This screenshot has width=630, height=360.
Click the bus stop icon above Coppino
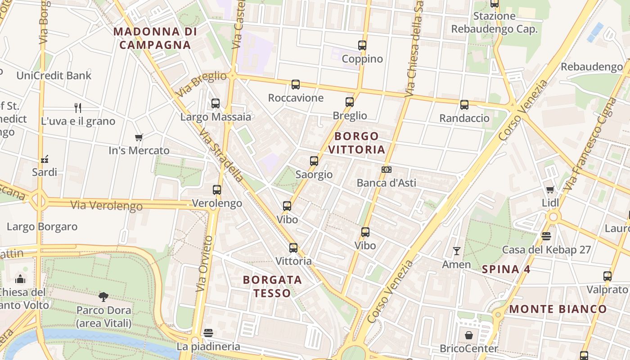[362, 45]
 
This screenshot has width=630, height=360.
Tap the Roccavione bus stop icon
[296, 85]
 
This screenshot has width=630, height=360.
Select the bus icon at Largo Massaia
[216, 103]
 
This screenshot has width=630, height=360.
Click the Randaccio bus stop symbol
[464, 105]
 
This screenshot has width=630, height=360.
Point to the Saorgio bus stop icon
[314, 161]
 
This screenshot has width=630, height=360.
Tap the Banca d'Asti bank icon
[386, 170]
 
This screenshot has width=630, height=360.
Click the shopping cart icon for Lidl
[550, 189]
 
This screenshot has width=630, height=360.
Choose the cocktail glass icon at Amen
[457, 251]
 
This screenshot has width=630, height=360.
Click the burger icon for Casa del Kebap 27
[546, 236]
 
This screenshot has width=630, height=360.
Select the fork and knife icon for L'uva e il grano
[78, 108]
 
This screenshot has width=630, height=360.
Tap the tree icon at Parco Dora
[103, 297]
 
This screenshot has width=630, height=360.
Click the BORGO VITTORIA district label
[357, 143]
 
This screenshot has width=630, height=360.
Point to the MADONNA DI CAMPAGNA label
[155, 38]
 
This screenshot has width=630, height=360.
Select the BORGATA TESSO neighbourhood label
[272, 286]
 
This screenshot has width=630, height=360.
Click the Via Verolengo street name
[106, 206]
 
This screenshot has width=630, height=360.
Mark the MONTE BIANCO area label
[558, 309]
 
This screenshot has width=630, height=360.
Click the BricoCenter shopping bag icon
[469, 335]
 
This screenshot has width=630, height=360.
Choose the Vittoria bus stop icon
[293, 248]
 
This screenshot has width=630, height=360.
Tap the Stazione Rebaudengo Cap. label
[494, 23]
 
